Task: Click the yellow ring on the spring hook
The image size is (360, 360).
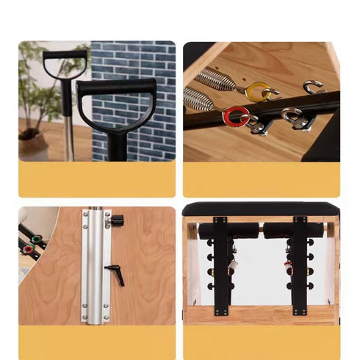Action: pos(257,91)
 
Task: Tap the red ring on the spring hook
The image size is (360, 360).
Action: pos(236,115)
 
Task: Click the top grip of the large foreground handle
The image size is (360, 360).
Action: pos(116,85)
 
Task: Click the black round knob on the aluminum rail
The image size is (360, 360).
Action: pos(116,220)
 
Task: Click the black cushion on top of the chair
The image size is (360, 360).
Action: pos(260,209)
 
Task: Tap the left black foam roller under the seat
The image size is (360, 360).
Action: pos(228,232)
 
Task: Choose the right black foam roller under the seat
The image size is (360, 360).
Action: pos(294,232)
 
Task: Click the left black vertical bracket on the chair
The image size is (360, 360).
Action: pos(220,264)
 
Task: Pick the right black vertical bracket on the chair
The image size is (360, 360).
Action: pos(300,264)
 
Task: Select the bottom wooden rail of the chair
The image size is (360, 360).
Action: pos(260,314)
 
